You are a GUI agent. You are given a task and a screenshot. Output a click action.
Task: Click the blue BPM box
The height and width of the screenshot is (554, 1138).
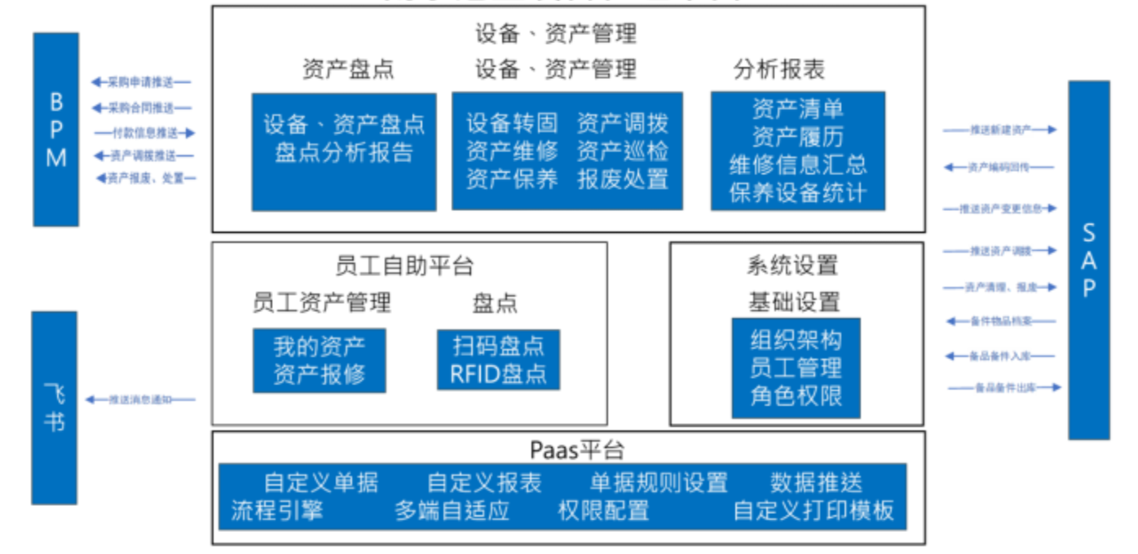[55, 129]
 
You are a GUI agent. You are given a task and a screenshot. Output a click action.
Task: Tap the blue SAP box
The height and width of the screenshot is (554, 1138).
[1088, 259]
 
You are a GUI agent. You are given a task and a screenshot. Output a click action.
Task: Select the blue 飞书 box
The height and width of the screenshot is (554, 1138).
[54, 407]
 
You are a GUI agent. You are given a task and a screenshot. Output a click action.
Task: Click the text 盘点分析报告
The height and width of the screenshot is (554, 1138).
[343, 152]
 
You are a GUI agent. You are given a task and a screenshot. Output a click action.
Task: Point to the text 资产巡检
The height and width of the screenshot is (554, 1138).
[623, 151]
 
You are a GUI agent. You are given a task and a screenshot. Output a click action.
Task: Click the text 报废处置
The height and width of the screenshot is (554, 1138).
[623, 178]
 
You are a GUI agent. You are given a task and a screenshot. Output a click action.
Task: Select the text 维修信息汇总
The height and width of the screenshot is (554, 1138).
[797, 165]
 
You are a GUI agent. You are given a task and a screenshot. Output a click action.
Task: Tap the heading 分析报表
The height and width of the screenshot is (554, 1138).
[779, 69]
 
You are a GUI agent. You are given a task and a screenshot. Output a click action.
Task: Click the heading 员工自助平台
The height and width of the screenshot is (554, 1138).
[404, 266]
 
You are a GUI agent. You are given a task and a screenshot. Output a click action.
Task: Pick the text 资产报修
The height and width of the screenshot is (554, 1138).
[319, 375]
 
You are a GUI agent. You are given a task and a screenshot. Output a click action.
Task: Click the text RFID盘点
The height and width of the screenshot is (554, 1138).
[497, 375]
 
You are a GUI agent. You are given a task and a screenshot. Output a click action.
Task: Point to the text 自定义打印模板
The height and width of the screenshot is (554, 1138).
[814, 510]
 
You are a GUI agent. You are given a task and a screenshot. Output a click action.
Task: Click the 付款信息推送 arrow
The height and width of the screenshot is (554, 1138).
[143, 132]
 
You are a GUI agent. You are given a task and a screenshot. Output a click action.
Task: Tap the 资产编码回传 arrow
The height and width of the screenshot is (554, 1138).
[999, 168]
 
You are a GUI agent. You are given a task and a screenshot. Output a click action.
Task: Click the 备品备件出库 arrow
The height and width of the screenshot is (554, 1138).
[1004, 388]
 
